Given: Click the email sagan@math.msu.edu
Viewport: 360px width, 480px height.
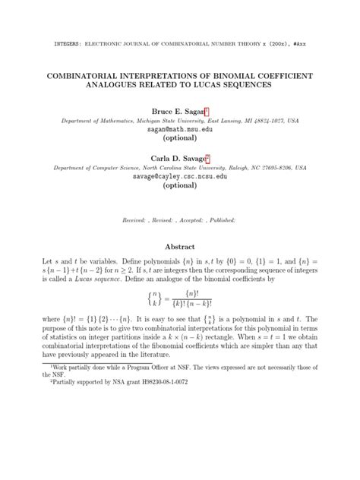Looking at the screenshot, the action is pyautogui.click(x=179, y=130).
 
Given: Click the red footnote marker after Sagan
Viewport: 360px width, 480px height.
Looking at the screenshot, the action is pyautogui.click(x=196, y=109).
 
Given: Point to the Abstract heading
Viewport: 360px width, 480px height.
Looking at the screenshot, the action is pyautogui.click(x=180, y=247).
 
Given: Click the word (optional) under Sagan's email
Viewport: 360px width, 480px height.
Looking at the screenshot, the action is pyautogui.click(x=180, y=139).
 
